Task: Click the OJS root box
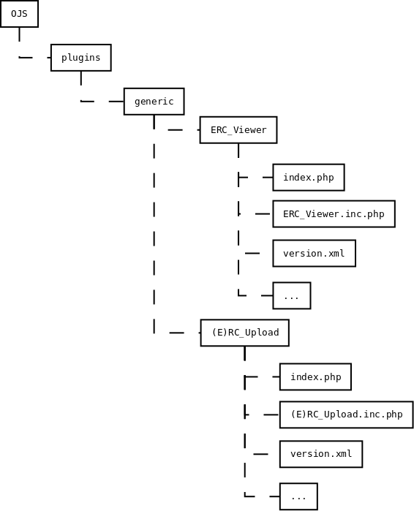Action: click(19, 14)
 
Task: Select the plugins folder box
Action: click(81, 58)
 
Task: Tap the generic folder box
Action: click(154, 102)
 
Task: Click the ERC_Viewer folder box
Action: click(238, 129)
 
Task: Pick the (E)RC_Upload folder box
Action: click(244, 333)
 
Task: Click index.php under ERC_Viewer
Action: click(309, 178)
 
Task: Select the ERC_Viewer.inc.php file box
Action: click(334, 213)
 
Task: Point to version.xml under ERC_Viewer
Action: click(314, 253)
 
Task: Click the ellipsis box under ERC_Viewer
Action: click(291, 295)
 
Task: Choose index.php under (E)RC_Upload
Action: click(315, 376)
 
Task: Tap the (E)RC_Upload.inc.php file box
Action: click(346, 415)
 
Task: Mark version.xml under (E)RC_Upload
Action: click(321, 454)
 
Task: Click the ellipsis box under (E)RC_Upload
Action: click(298, 496)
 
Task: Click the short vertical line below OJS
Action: click(19, 34)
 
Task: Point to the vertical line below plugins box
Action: click(81, 78)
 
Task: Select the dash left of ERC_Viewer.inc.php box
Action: click(263, 213)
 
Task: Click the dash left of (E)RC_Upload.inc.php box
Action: click(271, 415)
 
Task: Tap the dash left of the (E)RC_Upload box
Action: click(177, 333)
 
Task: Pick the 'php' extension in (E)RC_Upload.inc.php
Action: click(394, 415)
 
